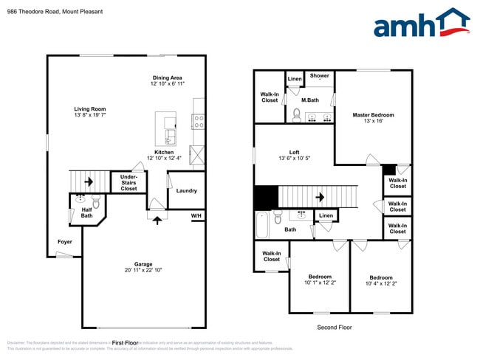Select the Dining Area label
(x=167, y=77)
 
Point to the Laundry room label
(x=186, y=191)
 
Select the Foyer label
(x=65, y=241)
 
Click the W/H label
(x=196, y=215)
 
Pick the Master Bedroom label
(x=373, y=115)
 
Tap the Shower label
(x=319, y=76)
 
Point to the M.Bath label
(x=310, y=100)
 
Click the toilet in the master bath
(x=296, y=115)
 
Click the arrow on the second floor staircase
(x=320, y=198)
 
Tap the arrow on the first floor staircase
(x=88, y=181)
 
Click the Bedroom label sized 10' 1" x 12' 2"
(x=318, y=277)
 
